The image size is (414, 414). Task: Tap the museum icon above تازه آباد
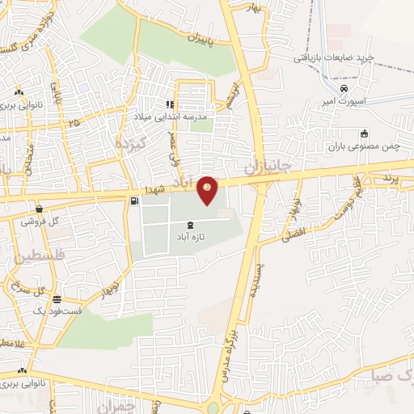[190, 225]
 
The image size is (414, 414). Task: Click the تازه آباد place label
[190, 239]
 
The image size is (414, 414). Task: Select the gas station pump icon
[133, 201]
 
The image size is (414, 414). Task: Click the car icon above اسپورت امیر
[344, 88]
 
